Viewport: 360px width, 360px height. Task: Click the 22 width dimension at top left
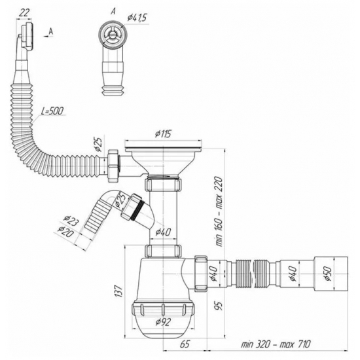point(24,13)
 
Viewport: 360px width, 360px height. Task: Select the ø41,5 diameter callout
point(137,18)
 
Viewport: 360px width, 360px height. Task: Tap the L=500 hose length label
point(52,111)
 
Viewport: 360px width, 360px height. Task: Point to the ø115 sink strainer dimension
point(163,134)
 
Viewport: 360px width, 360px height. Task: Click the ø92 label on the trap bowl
point(163,321)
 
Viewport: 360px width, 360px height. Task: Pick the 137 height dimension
point(118,291)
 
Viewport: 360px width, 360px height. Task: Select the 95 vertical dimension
point(219,306)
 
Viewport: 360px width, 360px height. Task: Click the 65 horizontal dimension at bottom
point(185,344)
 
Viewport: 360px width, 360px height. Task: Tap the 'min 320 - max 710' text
point(276,344)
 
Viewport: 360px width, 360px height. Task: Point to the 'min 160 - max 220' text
point(219,211)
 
